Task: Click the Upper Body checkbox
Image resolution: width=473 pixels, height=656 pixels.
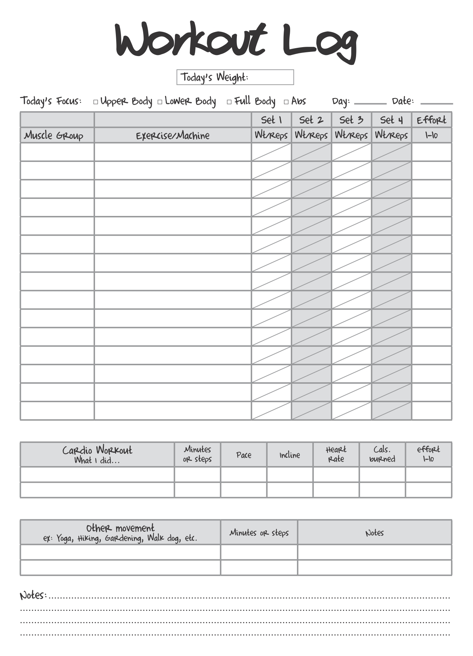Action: (x=96, y=102)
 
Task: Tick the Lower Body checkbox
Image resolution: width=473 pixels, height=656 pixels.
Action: (x=160, y=102)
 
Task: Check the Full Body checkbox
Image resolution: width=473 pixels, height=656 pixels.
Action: (x=229, y=102)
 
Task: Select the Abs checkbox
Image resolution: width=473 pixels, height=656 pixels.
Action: (x=286, y=102)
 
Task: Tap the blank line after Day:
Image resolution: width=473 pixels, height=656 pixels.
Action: (x=370, y=102)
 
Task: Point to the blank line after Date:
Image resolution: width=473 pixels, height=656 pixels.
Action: (x=436, y=102)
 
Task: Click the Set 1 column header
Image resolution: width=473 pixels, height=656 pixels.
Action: (x=271, y=120)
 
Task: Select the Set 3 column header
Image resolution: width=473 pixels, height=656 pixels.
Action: (x=351, y=120)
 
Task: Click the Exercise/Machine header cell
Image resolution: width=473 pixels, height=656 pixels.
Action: (x=173, y=136)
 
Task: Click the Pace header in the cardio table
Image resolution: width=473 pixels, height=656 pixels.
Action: (x=244, y=455)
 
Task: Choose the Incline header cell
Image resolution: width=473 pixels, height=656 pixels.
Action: (x=290, y=455)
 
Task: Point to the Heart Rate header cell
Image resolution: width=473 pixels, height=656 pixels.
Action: (x=336, y=454)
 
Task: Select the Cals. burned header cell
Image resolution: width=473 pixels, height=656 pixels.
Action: (x=382, y=454)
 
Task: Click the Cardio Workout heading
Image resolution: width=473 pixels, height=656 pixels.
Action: (x=97, y=451)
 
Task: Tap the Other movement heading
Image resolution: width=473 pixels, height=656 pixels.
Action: (x=120, y=528)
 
